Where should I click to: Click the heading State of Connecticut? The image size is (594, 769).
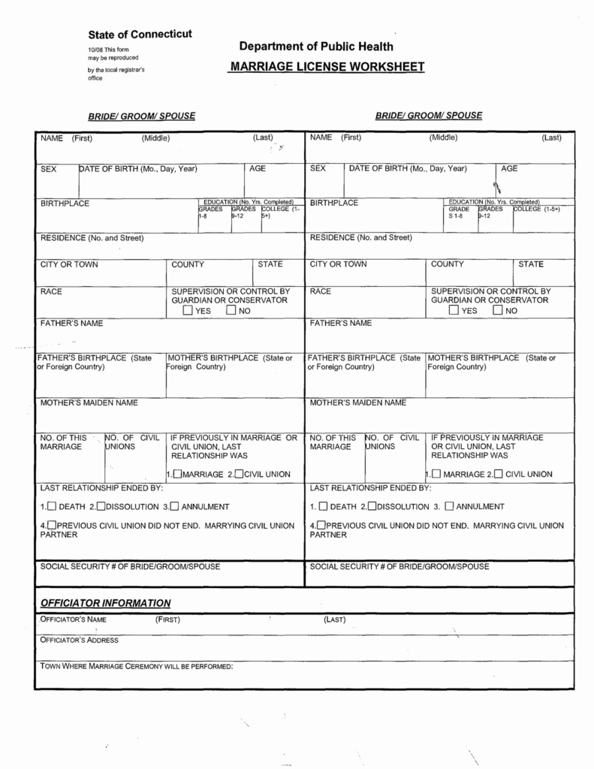(x=140, y=35)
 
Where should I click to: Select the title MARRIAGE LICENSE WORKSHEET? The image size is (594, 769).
(x=327, y=67)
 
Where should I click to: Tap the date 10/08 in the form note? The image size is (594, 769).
(x=95, y=50)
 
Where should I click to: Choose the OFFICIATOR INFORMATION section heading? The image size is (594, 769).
(x=105, y=603)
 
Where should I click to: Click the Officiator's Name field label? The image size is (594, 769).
(x=73, y=620)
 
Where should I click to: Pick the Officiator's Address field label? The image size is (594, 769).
(x=79, y=640)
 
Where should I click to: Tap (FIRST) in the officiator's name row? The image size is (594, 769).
(x=167, y=620)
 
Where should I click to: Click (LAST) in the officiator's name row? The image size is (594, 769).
(x=334, y=620)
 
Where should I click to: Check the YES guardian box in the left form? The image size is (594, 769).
(x=187, y=311)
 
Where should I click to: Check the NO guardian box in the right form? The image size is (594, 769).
(x=497, y=311)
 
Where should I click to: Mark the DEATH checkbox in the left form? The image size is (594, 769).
(x=53, y=506)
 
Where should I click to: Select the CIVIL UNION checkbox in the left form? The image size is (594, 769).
(x=239, y=474)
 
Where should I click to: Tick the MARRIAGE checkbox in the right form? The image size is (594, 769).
(x=435, y=474)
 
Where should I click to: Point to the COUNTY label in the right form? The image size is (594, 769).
(x=448, y=264)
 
